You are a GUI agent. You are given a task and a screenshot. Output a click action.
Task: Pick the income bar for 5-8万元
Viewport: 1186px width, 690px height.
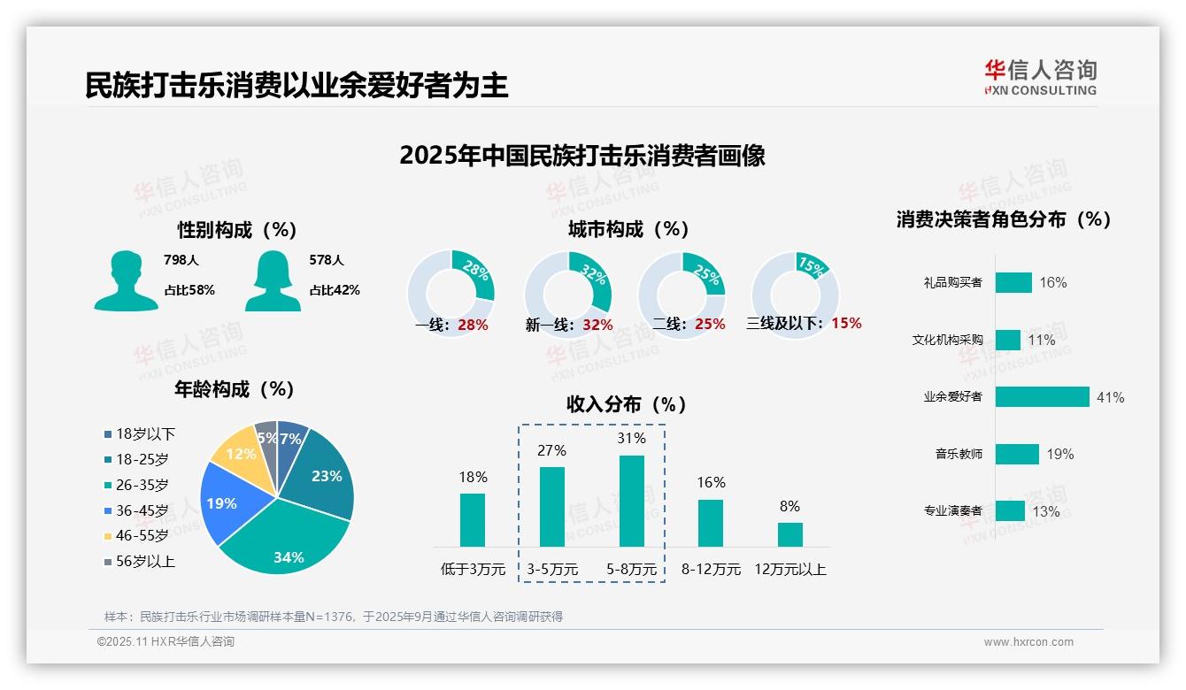click(632, 501)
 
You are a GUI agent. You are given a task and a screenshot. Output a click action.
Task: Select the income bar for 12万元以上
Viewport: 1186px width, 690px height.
click(790, 534)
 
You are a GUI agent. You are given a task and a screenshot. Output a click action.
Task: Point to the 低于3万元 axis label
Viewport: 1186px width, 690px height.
click(472, 570)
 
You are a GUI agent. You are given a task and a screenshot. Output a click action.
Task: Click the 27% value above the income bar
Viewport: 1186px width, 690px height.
click(551, 450)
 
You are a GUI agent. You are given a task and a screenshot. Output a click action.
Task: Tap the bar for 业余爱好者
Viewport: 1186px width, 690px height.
click(1042, 397)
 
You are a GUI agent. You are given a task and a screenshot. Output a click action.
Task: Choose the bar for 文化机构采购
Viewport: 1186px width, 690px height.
click(1008, 340)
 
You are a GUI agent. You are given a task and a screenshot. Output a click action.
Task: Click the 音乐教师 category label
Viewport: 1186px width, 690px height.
click(959, 454)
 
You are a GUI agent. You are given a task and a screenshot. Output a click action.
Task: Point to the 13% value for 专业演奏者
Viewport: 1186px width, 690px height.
click(1045, 511)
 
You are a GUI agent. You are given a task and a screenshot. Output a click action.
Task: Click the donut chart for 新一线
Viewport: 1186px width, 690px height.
click(567, 295)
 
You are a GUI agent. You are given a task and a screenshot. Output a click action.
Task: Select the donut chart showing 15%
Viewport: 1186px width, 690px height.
click(795, 295)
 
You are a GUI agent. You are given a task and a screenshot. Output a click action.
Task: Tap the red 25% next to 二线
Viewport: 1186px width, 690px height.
click(710, 325)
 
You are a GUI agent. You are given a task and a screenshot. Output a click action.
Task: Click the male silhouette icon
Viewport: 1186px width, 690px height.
click(126, 281)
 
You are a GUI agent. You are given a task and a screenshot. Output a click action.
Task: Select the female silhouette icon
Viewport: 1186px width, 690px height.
click(273, 281)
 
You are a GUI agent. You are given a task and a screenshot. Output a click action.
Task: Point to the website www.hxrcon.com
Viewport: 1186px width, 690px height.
click(1028, 642)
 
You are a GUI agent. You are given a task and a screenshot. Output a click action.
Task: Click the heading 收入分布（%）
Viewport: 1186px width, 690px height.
click(627, 404)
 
